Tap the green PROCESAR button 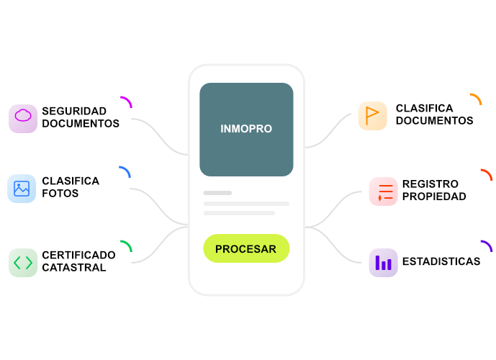point(245,249)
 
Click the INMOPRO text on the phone point(246,129)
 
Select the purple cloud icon point(23,117)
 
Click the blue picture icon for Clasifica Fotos point(22,189)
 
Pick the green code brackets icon point(23,262)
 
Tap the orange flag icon point(372,115)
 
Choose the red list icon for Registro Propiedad point(384,192)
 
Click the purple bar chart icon point(384,262)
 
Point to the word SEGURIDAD point(74,111)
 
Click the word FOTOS point(60,194)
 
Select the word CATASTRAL point(74,268)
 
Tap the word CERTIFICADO point(78,255)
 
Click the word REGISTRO point(430,184)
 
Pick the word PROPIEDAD point(434,197)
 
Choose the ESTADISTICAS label point(441,261)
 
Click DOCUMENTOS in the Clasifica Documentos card point(434,121)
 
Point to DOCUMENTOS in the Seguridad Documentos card point(81,123)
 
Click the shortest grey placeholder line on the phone point(217,193)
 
